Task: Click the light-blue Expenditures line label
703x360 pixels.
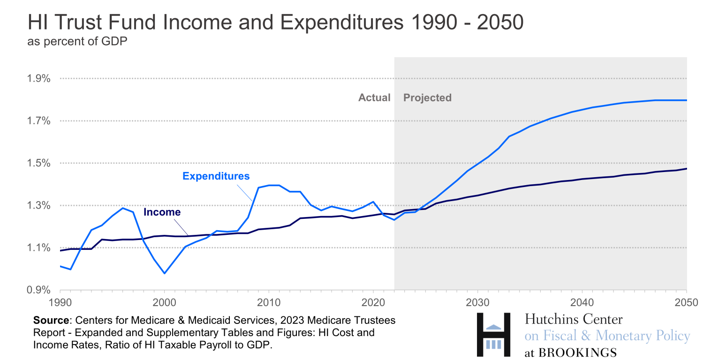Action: pos(216,176)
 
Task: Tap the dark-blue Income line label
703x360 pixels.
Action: pos(162,212)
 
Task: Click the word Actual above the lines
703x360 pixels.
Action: pos(374,98)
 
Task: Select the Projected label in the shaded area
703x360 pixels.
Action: pos(427,98)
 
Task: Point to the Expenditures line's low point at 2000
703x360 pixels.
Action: pos(164,273)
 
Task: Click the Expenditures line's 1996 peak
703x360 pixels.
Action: pos(123,208)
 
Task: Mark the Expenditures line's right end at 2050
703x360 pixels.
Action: pos(687,100)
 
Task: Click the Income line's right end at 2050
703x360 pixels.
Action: pos(687,169)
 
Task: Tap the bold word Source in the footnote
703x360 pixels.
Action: pos(51,321)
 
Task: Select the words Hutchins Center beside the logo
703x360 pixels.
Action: pos(574,320)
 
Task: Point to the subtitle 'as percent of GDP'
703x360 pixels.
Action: pos(77,42)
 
